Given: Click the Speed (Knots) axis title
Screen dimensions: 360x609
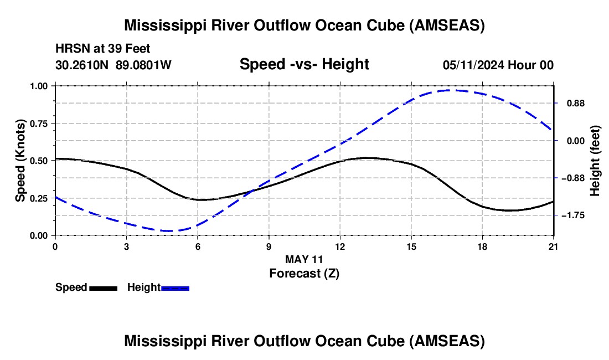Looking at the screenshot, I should [x=20, y=161].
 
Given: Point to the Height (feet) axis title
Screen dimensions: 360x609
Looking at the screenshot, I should [x=595, y=161].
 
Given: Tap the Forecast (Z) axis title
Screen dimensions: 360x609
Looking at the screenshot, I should [x=304, y=273].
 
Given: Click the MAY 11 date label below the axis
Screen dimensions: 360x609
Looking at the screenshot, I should [x=304, y=259].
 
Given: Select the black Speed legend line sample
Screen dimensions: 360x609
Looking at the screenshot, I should [x=103, y=288].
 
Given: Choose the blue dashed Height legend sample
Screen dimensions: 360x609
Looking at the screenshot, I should [x=175, y=288].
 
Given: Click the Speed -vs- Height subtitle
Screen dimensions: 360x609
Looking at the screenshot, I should [x=304, y=64].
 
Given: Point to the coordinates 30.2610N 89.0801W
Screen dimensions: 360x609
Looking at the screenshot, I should [x=113, y=65].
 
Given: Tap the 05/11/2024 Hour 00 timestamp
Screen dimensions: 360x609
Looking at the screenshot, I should [x=498, y=65].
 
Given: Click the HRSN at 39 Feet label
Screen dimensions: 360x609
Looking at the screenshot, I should [x=103, y=49].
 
